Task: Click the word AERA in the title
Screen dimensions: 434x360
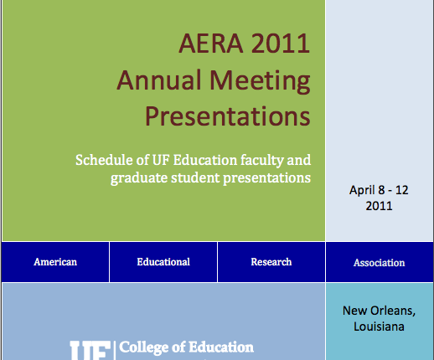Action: click(211, 44)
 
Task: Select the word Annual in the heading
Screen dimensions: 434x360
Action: click(159, 80)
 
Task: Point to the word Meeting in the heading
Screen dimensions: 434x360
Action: click(260, 81)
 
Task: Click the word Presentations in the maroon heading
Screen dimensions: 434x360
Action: click(228, 116)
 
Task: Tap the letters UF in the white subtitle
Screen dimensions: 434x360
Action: click(161, 160)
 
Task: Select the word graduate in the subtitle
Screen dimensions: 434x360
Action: click(139, 178)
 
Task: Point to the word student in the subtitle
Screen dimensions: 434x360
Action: click(196, 178)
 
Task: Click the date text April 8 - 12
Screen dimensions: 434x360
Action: click(379, 190)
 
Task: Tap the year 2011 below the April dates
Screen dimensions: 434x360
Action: click(379, 206)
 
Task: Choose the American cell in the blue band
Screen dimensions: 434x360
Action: click(55, 262)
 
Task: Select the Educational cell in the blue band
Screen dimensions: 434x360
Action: click(163, 262)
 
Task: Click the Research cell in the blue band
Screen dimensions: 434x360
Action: click(271, 262)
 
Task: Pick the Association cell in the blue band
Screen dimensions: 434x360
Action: click(380, 262)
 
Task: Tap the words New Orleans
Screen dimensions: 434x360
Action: click(379, 311)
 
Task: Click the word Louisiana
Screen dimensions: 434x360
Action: click(379, 327)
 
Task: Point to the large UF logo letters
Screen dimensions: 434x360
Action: click(90, 350)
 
